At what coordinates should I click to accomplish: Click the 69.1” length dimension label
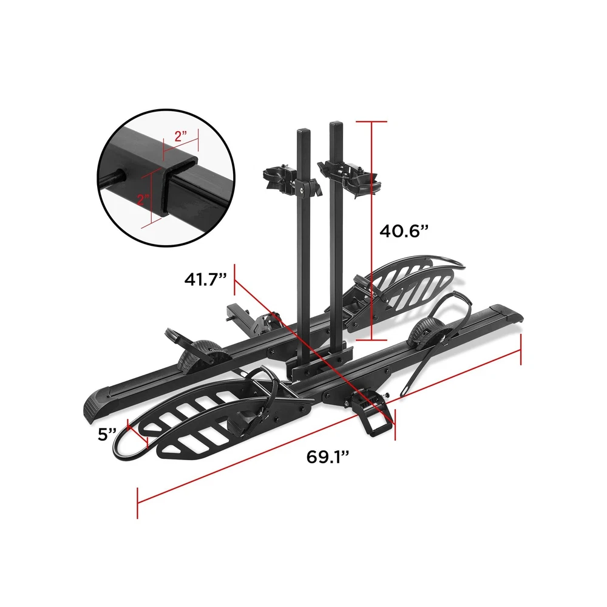(328, 457)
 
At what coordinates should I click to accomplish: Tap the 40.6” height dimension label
(404, 231)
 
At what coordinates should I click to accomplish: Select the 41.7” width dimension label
(206, 279)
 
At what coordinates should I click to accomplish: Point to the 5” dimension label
(107, 435)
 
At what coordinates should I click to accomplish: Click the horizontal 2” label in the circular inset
(181, 136)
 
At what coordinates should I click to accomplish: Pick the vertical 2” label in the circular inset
(144, 200)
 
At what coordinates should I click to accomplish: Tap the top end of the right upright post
(336, 124)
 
